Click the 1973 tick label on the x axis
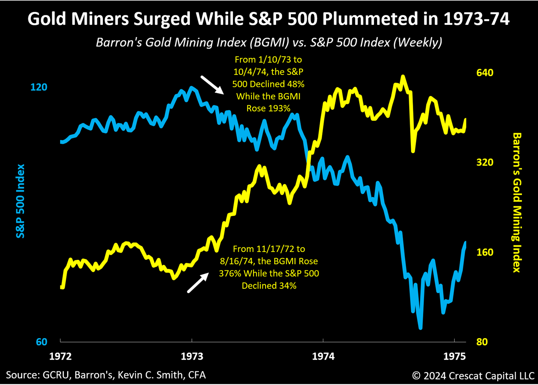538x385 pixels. [192, 356]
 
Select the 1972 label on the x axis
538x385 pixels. [60, 356]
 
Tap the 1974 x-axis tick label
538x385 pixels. [323, 356]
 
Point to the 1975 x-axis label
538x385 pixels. [454, 356]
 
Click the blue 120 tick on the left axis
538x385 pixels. [39, 87]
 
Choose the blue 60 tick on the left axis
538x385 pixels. [42, 342]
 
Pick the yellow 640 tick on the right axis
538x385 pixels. [485, 73]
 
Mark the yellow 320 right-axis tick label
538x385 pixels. [485, 162]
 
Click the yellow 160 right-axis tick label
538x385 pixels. [485, 252]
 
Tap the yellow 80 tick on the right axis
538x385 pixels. [482, 342]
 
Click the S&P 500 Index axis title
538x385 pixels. [20, 201]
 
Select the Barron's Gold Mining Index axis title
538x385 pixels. [517, 203]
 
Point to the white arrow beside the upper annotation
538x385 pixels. [212, 84]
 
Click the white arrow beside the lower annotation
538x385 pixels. [198, 283]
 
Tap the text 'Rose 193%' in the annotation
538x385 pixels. [268, 108]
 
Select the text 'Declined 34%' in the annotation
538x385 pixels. [269, 286]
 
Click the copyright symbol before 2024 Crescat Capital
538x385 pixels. [416, 376]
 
